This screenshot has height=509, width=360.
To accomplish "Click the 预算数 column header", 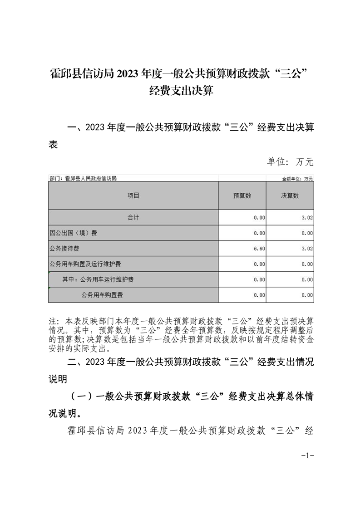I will [242, 196].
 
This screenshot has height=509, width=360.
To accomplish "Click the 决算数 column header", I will [290, 196].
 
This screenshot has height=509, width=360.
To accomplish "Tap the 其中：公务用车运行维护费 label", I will [98, 279].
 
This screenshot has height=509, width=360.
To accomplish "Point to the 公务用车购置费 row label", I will [102, 295].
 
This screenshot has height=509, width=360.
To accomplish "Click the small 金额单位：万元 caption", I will [298, 179].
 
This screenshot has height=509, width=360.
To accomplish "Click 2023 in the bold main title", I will [130, 74].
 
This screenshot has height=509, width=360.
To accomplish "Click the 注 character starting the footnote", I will [51, 319].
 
